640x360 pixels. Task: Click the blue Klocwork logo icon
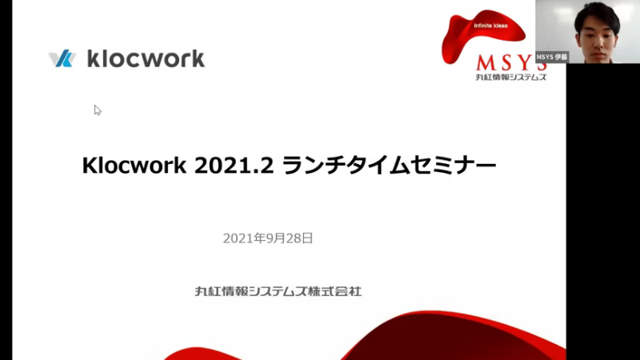coord(62,58)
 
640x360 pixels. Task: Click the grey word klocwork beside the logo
coord(146,58)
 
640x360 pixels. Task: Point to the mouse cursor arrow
coord(98,110)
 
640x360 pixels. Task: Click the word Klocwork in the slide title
coord(134,166)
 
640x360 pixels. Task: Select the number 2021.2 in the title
coord(234,166)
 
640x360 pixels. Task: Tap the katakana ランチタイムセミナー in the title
coord(389,166)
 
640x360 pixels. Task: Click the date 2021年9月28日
coord(268,238)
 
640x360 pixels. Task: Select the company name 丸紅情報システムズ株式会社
coord(278,291)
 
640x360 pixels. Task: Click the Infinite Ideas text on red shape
coord(490,26)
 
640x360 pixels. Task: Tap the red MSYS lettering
coord(511,63)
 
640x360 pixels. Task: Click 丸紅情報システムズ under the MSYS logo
coord(510,77)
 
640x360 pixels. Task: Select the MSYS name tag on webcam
coord(552,57)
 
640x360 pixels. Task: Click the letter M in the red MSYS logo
coord(486,63)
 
